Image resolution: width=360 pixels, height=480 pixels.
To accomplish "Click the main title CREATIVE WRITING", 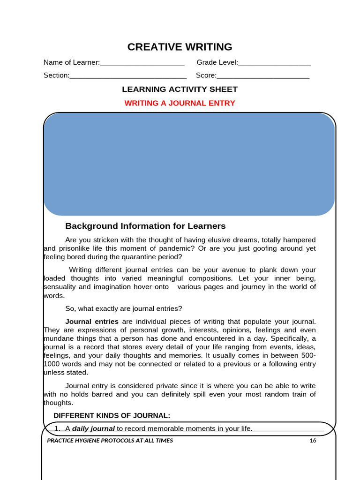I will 180,47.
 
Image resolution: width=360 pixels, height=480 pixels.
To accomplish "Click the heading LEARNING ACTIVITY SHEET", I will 180,89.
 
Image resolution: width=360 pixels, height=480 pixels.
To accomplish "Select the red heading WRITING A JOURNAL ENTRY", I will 180,103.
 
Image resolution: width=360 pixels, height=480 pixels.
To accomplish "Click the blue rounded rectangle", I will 189,164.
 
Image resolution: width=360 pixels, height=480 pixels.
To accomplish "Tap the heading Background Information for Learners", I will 145,226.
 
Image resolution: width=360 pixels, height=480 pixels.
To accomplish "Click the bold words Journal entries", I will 92,321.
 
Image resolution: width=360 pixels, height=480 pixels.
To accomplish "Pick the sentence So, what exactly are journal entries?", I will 123,308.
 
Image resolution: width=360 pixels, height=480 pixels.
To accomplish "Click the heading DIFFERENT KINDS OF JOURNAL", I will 112,415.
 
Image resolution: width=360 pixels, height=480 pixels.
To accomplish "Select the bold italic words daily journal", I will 93,428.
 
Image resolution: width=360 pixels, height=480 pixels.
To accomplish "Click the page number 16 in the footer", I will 313,441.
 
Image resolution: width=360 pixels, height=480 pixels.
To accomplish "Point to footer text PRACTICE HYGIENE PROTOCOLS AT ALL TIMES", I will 110,441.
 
